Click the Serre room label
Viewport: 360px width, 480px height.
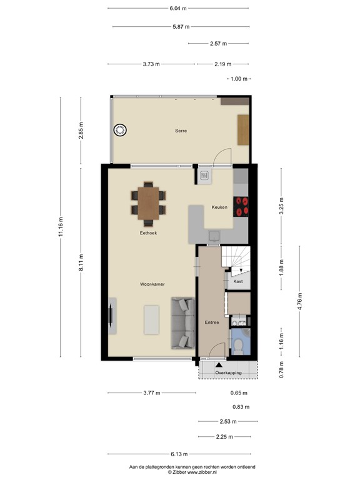(x=181, y=131)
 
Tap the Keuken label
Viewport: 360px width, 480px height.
(x=219, y=207)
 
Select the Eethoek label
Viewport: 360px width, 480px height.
(x=148, y=232)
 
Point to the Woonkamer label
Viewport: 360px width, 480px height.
(x=152, y=284)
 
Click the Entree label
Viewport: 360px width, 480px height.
(x=211, y=322)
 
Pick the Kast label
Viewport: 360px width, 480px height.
(x=237, y=281)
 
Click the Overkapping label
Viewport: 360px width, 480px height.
(x=227, y=372)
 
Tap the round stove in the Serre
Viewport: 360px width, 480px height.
(x=119, y=131)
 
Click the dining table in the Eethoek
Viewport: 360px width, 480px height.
(x=149, y=203)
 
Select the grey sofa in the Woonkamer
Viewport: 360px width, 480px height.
(x=184, y=322)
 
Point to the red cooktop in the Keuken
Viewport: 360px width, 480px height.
(x=242, y=206)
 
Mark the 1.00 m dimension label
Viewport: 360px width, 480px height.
(x=238, y=79)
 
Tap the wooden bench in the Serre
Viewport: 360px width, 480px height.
(x=243, y=130)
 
